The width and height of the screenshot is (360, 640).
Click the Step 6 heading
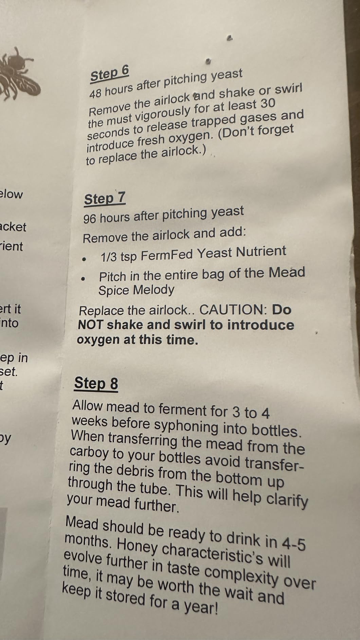[x=109, y=74]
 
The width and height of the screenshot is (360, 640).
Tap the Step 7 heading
[x=105, y=199]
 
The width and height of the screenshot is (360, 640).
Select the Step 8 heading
[x=96, y=383]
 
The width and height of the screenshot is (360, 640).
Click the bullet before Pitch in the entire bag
[x=83, y=278]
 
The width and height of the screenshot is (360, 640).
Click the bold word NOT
[x=90, y=325]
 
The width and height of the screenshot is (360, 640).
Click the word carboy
[x=89, y=452]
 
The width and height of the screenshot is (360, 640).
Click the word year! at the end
[x=200, y=606]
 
